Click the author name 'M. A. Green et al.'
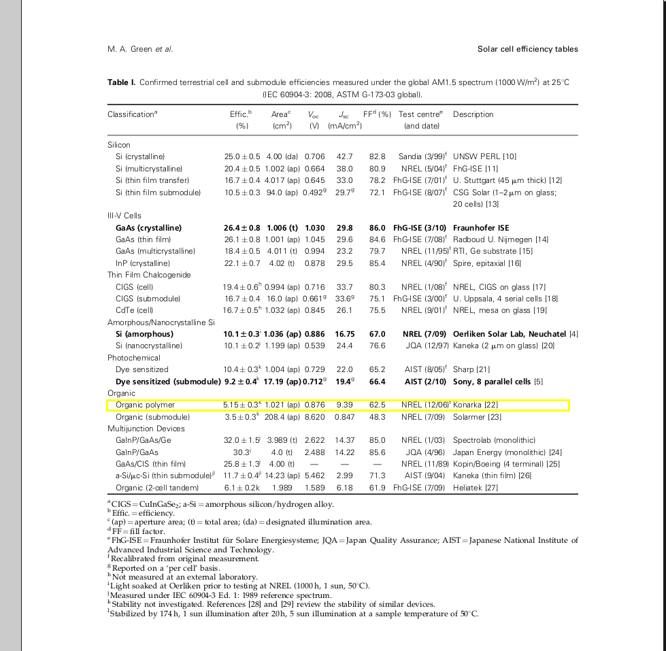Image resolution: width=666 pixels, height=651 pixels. [140, 49]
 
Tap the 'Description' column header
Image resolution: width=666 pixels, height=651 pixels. [473, 114]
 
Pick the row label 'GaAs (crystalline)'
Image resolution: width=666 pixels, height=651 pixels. [149, 228]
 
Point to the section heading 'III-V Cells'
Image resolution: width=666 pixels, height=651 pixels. [124, 216]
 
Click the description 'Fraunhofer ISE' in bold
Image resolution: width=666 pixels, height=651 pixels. [481, 228]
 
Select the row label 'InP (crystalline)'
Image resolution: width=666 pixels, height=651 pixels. [144, 263]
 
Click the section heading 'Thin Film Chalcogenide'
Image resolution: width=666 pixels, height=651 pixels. [149, 275]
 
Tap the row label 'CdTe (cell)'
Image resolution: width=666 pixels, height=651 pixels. [134, 310]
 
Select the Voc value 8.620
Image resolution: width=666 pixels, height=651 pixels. [314, 417]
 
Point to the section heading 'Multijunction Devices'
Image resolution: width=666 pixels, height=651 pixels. [146, 429]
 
